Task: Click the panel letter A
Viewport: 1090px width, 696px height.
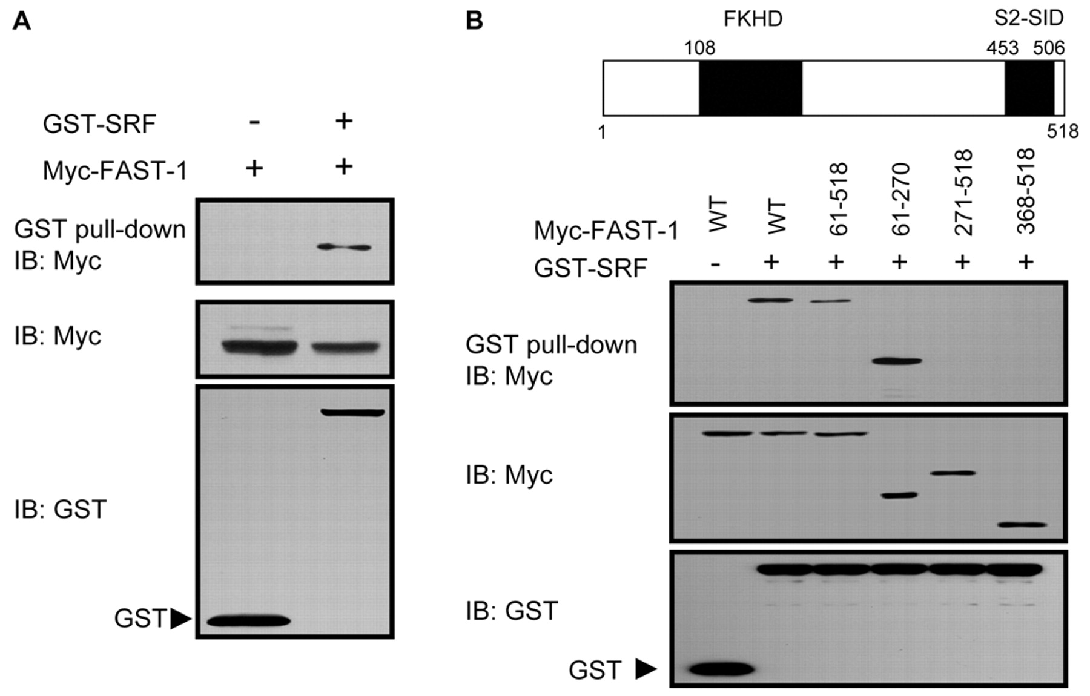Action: (x=22, y=21)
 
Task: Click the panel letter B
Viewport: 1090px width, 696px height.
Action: (x=474, y=21)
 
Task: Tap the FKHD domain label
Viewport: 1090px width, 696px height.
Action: (x=753, y=19)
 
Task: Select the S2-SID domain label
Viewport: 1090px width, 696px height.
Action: (x=1029, y=19)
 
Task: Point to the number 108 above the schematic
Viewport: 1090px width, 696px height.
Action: (x=699, y=48)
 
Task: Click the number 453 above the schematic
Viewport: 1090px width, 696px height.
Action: (x=1003, y=48)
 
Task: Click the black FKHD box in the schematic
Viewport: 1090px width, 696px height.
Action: (x=751, y=88)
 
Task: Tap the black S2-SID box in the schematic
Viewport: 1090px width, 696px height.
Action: (x=1029, y=88)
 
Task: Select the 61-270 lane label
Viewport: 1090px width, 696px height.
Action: (x=900, y=199)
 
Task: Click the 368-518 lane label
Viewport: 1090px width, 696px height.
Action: (x=1026, y=192)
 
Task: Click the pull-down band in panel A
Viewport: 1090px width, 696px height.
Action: (x=344, y=247)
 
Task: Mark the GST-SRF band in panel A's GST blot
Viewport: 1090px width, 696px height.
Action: (x=353, y=413)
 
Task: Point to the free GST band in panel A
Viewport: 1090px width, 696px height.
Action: (x=248, y=621)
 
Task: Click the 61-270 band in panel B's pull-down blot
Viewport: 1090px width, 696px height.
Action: (x=897, y=361)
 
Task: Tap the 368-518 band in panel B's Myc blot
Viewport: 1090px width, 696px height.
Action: (x=1022, y=525)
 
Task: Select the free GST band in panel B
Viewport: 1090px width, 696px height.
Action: (x=722, y=669)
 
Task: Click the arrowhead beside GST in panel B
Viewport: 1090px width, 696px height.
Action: (x=646, y=669)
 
